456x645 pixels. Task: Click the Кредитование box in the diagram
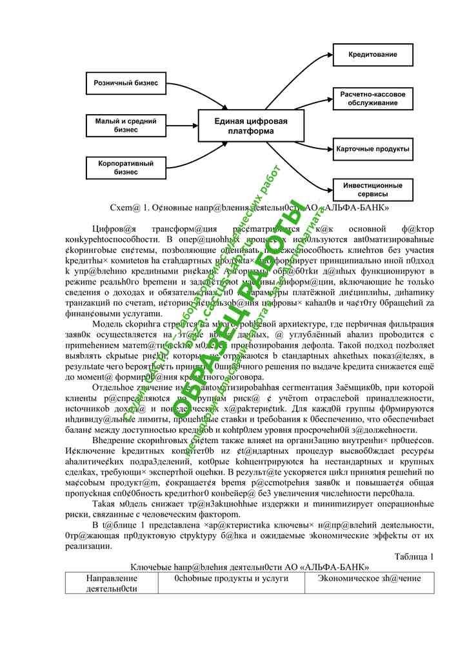[x=373, y=54]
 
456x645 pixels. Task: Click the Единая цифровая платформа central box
[x=251, y=126]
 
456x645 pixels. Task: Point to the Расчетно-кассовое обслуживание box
[x=373, y=99]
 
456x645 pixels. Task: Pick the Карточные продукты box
[x=373, y=149]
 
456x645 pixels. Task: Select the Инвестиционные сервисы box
[x=373, y=189]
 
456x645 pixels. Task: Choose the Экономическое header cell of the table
[x=370, y=579]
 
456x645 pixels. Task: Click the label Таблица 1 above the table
[x=413, y=556]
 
